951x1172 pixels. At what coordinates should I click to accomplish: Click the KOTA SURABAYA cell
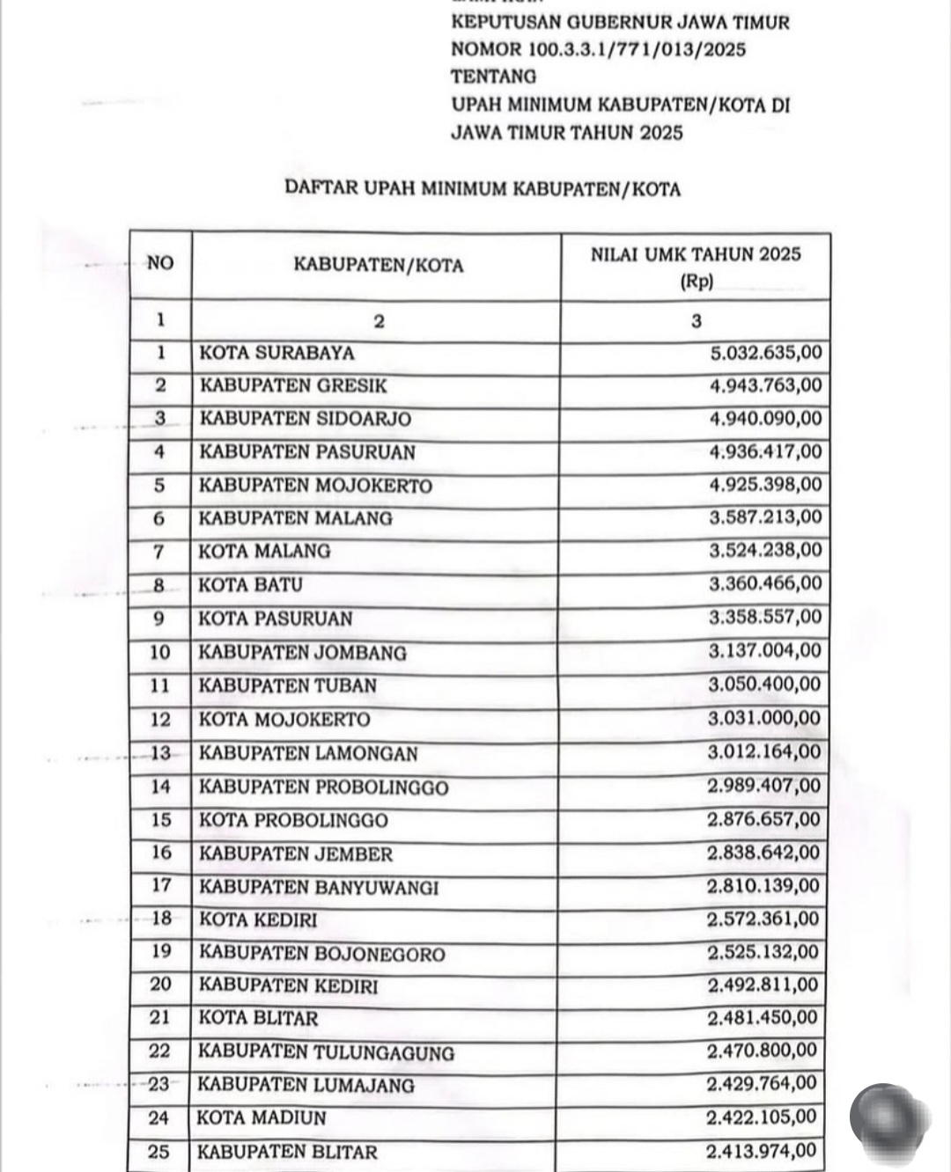point(277,354)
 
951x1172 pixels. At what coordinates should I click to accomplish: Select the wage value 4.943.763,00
point(765,386)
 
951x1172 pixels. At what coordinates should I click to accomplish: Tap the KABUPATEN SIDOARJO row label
point(305,419)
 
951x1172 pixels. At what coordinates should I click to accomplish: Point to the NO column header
point(160,263)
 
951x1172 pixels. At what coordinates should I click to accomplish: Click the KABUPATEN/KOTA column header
point(378,266)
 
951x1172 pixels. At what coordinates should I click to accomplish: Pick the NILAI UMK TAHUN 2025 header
point(696,255)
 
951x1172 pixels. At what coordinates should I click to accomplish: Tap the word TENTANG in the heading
point(493,77)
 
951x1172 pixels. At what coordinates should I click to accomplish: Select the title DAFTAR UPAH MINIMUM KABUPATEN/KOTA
point(483,188)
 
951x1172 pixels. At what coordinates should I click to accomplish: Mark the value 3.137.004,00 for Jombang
point(764,651)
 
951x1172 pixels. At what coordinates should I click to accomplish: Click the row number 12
point(160,720)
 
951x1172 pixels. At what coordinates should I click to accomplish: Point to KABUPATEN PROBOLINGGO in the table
point(323,787)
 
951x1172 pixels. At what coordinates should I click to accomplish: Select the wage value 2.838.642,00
point(763,853)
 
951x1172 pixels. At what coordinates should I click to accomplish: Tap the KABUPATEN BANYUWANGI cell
point(318,887)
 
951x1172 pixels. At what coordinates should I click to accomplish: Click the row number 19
point(160,952)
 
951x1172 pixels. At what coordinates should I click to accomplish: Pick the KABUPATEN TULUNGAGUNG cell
point(326,1052)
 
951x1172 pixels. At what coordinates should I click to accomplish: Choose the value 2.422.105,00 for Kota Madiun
point(762,1118)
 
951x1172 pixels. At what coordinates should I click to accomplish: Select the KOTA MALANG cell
point(264,552)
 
